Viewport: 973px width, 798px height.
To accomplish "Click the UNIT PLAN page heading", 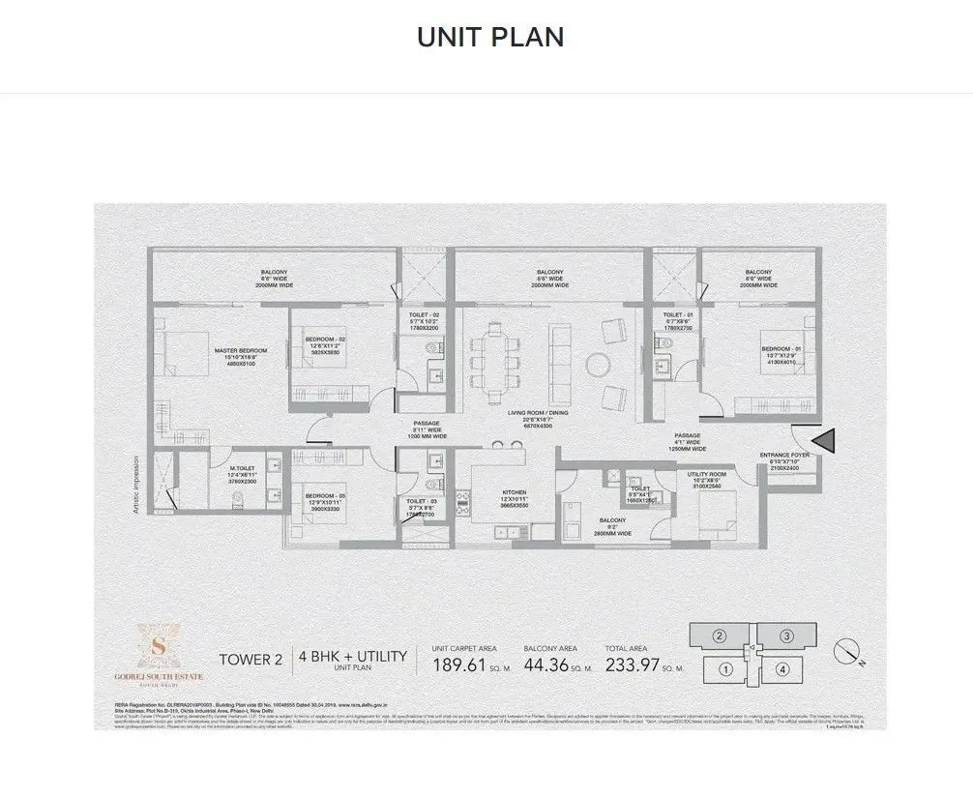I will [x=490, y=38].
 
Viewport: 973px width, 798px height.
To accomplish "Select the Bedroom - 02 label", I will [x=325, y=340].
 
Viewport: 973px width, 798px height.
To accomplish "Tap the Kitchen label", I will [x=514, y=492].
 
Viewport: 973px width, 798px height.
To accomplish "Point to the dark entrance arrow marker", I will [x=824, y=440].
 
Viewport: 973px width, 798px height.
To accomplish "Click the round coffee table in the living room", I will [x=597, y=365].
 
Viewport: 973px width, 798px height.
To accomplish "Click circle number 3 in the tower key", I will [x=787, y=636].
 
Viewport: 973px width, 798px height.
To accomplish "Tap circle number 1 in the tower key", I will [x=726, y=667].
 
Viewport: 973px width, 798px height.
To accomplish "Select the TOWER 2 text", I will [x=251, y=661].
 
